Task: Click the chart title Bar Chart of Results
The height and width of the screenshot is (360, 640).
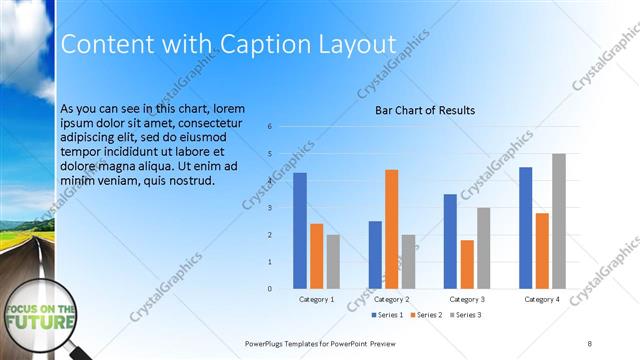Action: point(425,110)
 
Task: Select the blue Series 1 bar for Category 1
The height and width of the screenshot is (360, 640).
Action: point(300,230)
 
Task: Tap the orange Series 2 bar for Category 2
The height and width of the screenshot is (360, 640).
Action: point(391,229)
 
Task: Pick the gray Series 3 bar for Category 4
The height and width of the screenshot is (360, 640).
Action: point(558,221)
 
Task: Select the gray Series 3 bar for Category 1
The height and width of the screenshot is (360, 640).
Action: point(333,261)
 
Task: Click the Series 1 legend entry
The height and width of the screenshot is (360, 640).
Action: point(389,316)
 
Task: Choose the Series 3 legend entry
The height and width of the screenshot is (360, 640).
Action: point(467,316)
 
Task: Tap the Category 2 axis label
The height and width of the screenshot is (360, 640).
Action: point(392,299)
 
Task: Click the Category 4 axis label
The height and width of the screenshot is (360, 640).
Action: point(542,299)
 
